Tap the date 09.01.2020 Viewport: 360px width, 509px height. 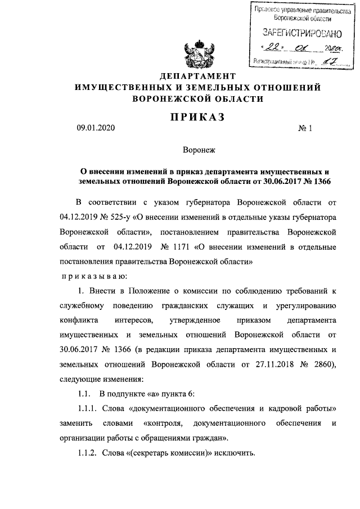tap(96, 129)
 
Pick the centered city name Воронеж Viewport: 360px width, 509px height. tap(196, 150)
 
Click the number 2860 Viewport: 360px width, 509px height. tap(322, 363)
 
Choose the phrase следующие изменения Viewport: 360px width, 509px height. tap(97, 378)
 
